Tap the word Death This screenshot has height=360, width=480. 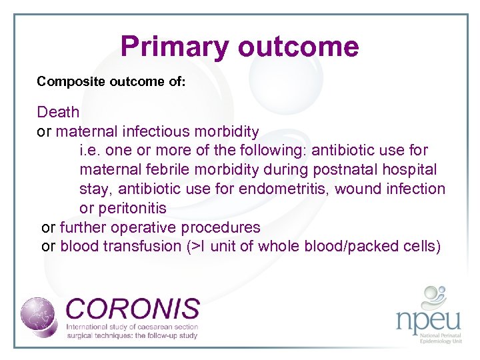click(x=58, y=112)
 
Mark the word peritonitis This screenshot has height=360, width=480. click(x=132, y=209)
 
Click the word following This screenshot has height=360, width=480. click(x=265, y=151)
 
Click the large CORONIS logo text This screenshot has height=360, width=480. click(x=133, y=309)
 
